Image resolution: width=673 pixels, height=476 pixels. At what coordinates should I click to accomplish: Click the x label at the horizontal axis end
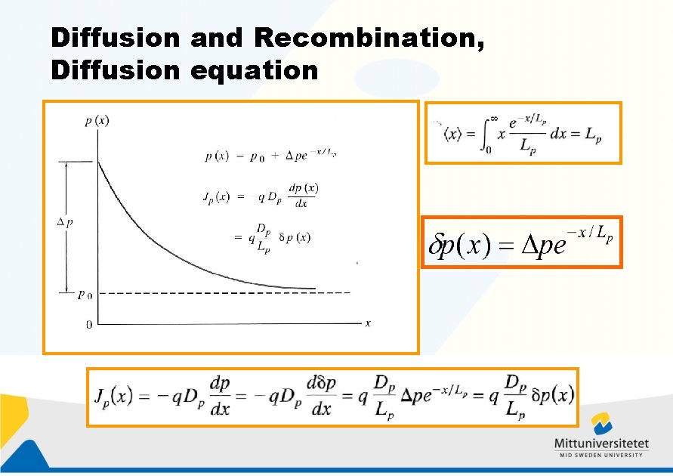tap(368, 323)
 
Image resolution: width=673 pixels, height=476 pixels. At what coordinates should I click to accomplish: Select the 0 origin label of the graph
tap(89, 324)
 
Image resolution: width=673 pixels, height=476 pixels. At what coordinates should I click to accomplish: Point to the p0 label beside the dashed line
tap(85, 295)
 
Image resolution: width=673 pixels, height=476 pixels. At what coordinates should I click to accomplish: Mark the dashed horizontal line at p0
tap(227, 292)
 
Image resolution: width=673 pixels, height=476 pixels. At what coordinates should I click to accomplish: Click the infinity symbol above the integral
tap(494, 117)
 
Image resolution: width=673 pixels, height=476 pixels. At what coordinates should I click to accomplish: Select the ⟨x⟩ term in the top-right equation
tap(453, 135)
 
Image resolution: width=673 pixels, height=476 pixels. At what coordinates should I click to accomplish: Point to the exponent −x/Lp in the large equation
tap(593, 234)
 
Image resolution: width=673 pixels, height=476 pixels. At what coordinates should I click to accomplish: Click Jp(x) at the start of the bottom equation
tap(114, 395)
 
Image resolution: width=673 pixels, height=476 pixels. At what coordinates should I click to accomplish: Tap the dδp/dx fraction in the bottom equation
tap(321, 396)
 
